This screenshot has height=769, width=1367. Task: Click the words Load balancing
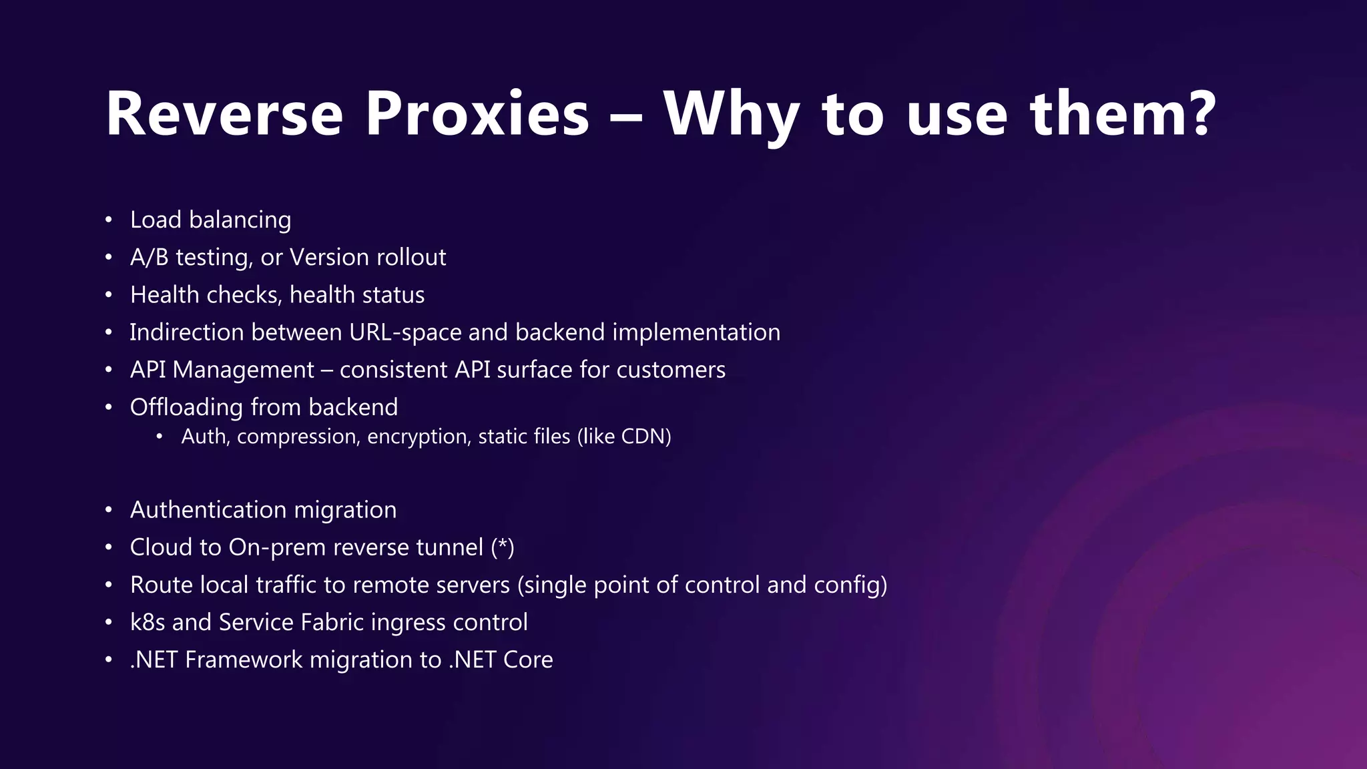(210, 220)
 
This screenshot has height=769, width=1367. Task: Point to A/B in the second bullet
(149, 258)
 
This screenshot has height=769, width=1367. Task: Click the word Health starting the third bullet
(164, 295)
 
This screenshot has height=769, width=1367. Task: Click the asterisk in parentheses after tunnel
(503, 546)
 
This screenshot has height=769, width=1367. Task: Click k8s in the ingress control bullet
(147, 622)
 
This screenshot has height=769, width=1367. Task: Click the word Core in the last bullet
(528, 660)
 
